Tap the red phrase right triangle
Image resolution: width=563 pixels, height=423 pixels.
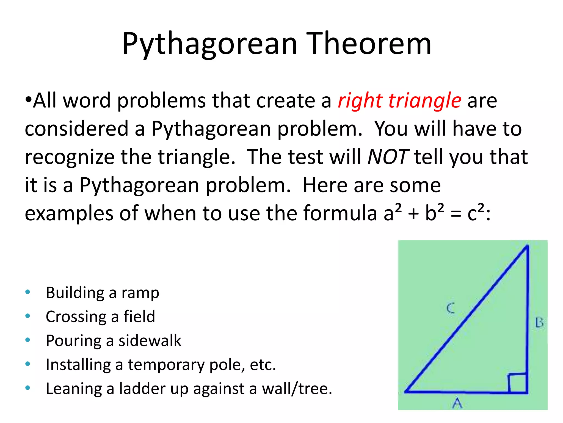(x=399, y=101)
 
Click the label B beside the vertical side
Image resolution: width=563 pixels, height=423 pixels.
(x=539, y=323)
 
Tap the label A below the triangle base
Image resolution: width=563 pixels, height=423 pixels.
(x=457, y=403)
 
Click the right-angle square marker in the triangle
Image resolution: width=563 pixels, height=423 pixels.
(x=518, y=383)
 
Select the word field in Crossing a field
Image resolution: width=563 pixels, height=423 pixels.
(x=139, y=317)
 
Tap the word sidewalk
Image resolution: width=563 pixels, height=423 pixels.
(x=150, y=341)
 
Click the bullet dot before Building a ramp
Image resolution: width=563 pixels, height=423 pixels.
(x=27, y=292)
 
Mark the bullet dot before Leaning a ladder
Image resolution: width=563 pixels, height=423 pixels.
(x=27, y=388)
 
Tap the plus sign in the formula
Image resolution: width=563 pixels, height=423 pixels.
(x=413, y=214)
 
